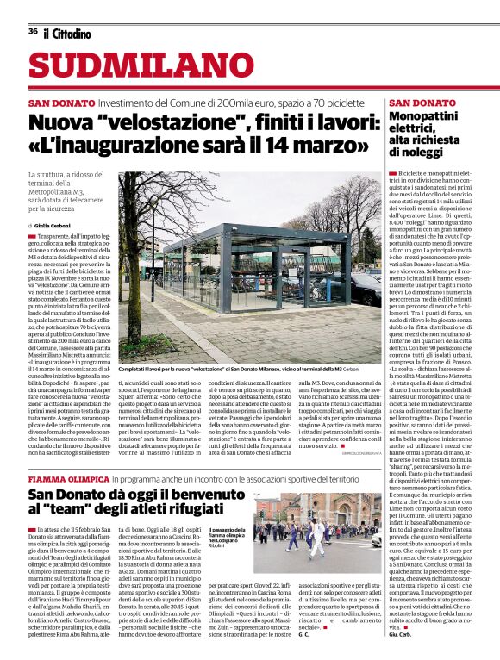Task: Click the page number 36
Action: tap(32, 32)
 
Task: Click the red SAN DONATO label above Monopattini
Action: tap(399, 103)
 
